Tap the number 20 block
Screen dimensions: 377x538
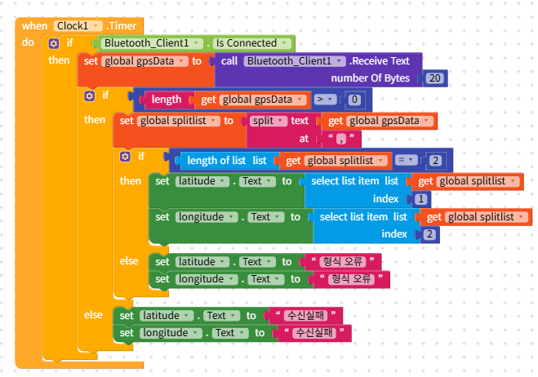[x=434, y=78]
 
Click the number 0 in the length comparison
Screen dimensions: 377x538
[x=353, y=100]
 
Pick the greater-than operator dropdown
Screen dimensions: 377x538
[x=325, y=100]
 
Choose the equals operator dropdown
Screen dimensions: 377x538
[x=409, y=160]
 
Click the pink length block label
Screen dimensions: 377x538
[x=167, y=100]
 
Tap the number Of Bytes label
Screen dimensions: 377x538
[x=369, y=78]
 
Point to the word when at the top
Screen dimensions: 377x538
[x=34, y=26]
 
